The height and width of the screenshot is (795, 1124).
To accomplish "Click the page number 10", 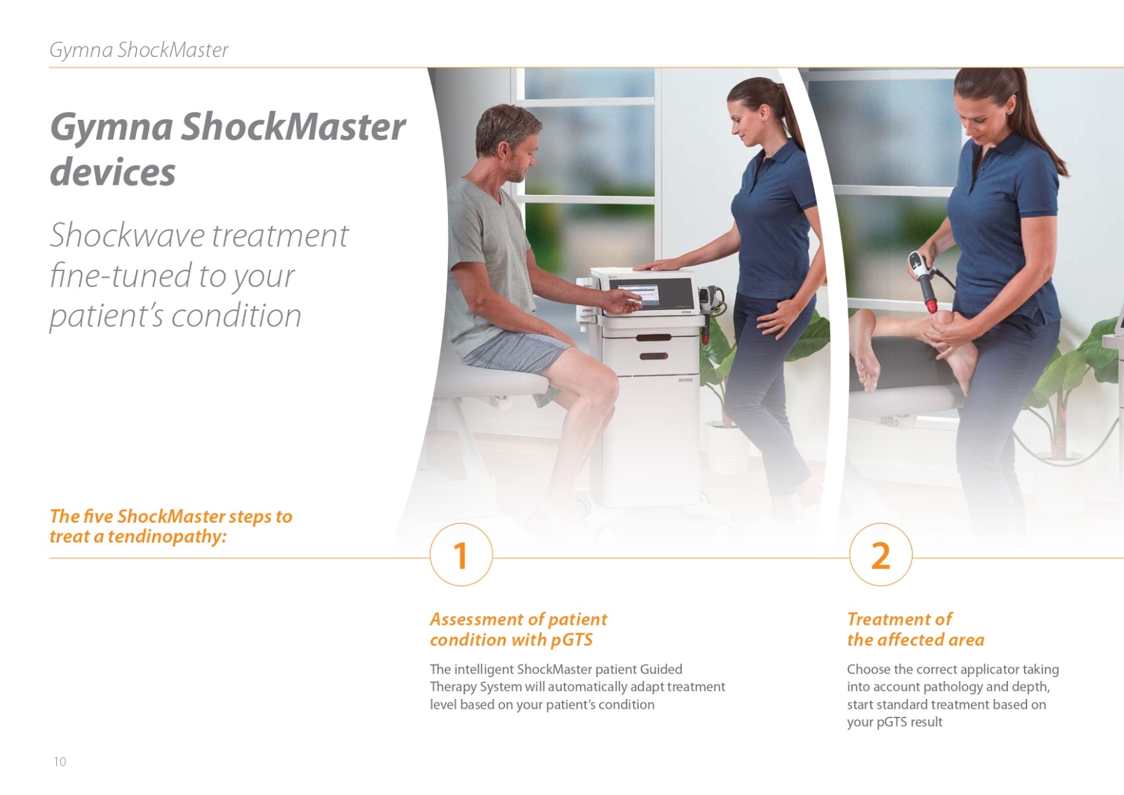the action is coord(60,762).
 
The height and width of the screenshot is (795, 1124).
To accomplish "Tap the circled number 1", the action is coord(461,555).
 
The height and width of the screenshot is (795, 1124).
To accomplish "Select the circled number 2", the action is coord(881,555).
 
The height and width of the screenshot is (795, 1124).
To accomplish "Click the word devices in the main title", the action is coord(113,172).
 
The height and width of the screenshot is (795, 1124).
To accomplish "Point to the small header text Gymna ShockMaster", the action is coord(139,50).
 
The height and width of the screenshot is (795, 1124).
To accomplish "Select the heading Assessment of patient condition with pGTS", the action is coord(518,629).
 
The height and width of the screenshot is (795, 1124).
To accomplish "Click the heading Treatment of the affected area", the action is coord(916,629).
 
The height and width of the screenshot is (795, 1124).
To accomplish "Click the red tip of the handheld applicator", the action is coord(932,305).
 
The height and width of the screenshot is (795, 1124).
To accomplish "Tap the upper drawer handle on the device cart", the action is coord(653,338).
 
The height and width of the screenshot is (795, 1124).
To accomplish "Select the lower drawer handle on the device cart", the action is coord(653,356).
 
